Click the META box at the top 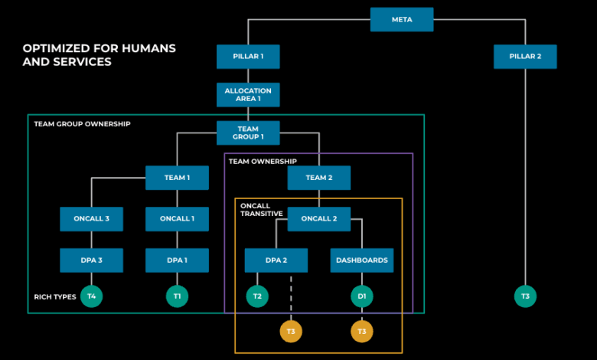(402, 19)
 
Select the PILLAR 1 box (248, 57)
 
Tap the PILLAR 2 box (525, 57)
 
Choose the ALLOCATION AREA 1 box (248, 95)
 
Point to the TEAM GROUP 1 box (248, 133)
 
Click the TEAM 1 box (177, 178)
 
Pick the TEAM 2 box (319, 178)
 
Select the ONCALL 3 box (92, 219)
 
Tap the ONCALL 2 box (319, 219)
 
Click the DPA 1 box (177, 260)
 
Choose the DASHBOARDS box (362, 260)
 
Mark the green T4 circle (92, 296)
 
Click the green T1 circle (177, 296)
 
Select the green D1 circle (362, 296)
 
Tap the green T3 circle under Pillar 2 (525, 296)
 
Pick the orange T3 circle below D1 (362, 331)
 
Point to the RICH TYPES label (55, 296)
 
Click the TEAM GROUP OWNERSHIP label (82, 123)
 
